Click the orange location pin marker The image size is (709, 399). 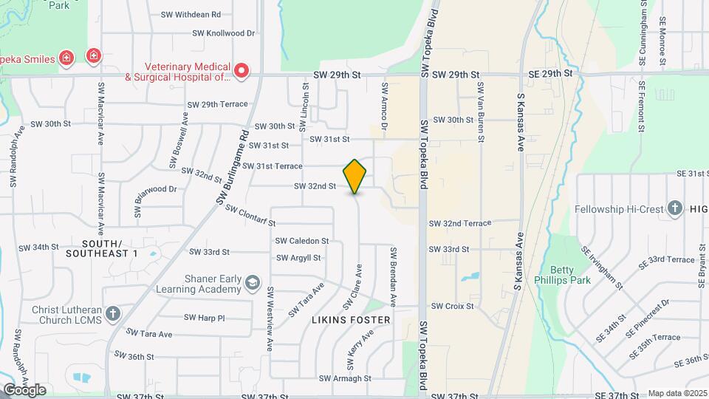click(x=355, y=177)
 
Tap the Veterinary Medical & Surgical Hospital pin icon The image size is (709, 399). click(x=242, y=71)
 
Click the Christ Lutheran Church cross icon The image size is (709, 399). click(x=112, y=313)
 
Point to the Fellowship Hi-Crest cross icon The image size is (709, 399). click(x=674, y=209)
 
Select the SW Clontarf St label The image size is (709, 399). click(x=250, y=215)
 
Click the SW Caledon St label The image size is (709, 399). click(x=301, y=241)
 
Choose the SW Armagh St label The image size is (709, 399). click(x=345, y=378)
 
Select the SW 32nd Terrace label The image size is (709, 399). click(x=460, y=223)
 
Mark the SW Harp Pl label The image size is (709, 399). click(x=204, y=318)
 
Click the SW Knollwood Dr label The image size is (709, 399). click(x=223, y=33)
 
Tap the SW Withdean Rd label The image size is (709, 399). click(x=191, y=14)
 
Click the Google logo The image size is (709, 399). click(x=24, y=389)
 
